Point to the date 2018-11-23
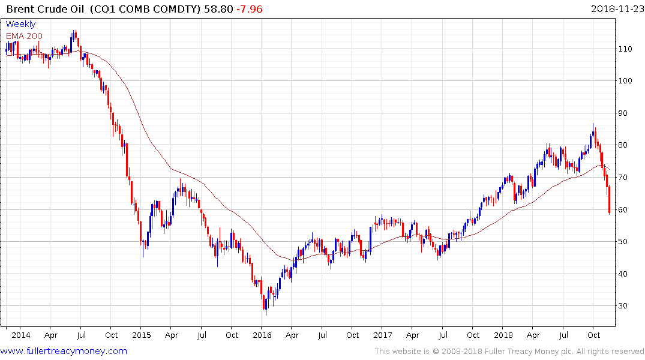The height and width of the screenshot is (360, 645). [614, 9]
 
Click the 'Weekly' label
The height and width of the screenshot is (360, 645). [20, 25]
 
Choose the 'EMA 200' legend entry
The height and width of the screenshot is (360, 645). [24, 36]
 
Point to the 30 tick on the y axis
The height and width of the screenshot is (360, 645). [627, 306]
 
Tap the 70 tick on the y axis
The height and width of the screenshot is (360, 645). [627, 178]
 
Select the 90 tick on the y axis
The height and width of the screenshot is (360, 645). [627, 113]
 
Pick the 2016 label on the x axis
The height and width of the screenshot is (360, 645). [262, 335]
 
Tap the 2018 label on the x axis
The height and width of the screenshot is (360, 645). [503, 335]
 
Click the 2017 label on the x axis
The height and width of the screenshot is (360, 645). [382, 335]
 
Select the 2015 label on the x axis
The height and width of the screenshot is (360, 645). [141, 335]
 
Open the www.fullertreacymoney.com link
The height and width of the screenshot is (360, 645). [64, 351]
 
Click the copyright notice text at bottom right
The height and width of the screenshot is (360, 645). [509, 352]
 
